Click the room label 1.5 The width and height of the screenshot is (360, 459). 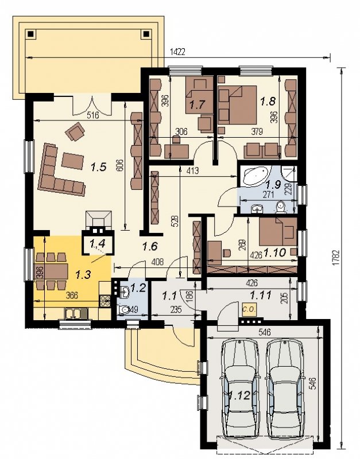pyautogui.click(x=98, y=167)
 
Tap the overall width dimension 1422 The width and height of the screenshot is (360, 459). pyautogui.click(x=177, y=52)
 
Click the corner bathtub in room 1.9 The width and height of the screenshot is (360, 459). pyautogui.click(x=256, y=176)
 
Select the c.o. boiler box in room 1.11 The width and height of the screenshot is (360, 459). pyautogui.click(x=250, y=309)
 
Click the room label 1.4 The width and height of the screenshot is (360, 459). pyautogui.click(x=96, y=242)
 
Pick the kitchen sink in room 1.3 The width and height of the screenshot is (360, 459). pyautogui.click(x=76, y=313)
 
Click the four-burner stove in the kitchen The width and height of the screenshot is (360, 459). pyautogui.click(x=105, y=301)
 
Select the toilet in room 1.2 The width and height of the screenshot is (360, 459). pyautogui.click(x=123, y=310)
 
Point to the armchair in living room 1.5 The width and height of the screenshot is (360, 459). pyautogui.click(x=76, y=131)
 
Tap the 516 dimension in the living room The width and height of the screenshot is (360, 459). pyautogui.click(x=93, y=115)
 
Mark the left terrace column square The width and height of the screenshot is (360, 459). pyautogui.click(x=30, y=34)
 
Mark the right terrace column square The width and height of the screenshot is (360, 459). pyautogui.click(x=145, y=34)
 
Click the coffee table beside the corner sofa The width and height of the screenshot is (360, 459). pyautogui.click(x=73, y=161)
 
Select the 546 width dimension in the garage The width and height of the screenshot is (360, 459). pyautogui.click(x=265, y=332)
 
